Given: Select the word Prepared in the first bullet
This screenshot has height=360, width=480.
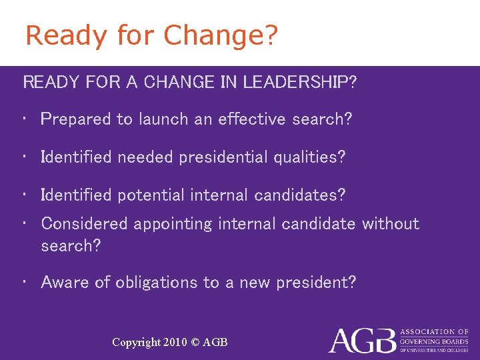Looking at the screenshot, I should (x=75, y=119).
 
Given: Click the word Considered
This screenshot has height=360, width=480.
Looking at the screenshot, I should (x=83, y=223).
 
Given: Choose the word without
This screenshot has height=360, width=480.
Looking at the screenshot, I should (x=391, y=223).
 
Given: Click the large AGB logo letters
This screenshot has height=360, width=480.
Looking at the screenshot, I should (x=362, y=340).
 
